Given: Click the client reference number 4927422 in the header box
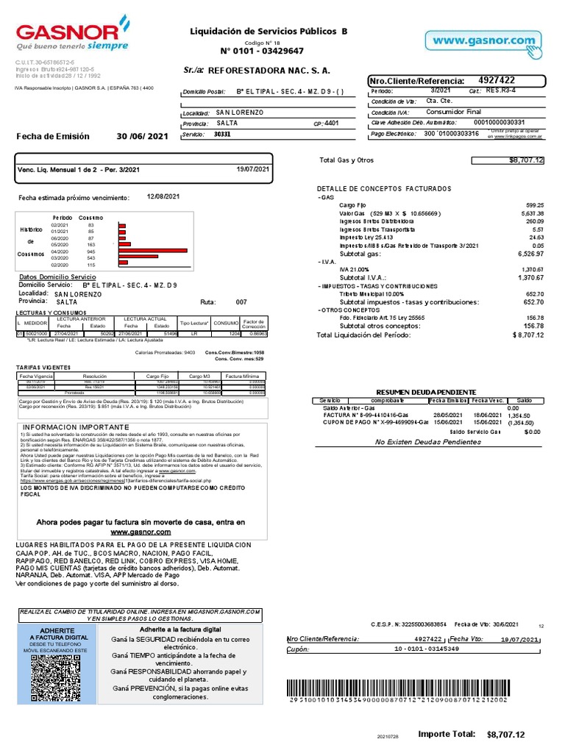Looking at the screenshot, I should coord(497,80).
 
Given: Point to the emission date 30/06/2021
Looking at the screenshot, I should coord(143,136).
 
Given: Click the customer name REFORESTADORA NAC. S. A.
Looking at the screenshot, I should coord(269,71).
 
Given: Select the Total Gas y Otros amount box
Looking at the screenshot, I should coord(507,160).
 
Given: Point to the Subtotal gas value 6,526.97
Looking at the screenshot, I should coord(529,254).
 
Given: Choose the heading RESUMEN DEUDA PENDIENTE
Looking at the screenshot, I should coord(426,392).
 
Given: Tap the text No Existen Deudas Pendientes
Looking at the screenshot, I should coord(427,442).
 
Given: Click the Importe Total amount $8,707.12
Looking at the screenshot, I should coord(506,735).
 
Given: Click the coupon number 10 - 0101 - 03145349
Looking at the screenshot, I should coord(427,649).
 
